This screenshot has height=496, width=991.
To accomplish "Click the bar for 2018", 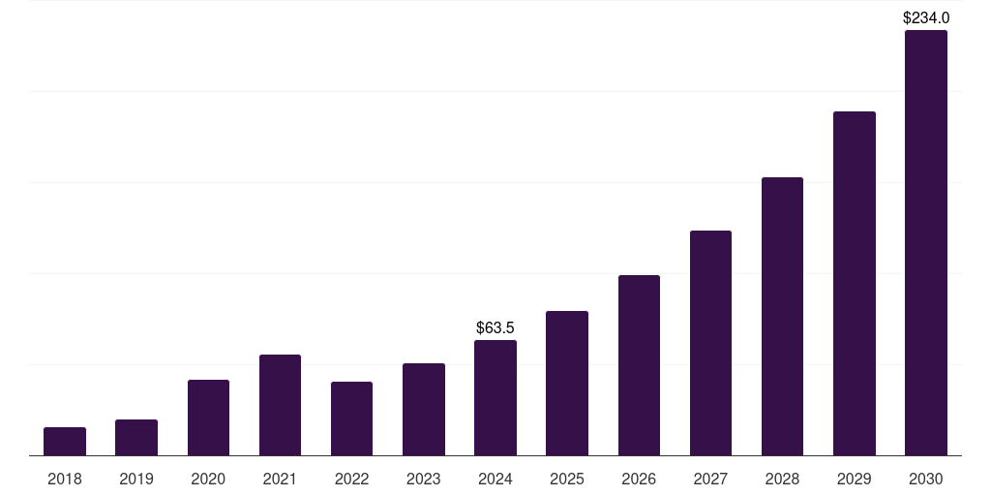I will [65, 442].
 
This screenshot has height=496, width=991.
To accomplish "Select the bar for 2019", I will [136, 438].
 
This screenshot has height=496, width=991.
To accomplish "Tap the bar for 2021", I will [280, 405].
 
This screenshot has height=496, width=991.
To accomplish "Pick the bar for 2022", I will [351, 418].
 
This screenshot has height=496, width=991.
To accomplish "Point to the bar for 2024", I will [495, 398].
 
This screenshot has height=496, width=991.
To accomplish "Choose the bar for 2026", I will [639, 365].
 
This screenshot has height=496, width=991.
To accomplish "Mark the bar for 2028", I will [782, 317].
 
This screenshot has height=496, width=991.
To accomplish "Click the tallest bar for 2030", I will [926, 243].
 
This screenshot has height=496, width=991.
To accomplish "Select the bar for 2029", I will [855, 284].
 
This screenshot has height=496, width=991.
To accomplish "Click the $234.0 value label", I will [926, 17].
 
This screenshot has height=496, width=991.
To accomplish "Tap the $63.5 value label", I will [495, 328].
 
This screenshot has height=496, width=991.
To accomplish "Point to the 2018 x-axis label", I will [65, 479].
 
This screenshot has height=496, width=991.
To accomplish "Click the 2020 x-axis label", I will [208, 479].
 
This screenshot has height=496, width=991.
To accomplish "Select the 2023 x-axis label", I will [424, 479].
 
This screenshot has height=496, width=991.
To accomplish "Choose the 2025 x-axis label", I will [567, 479].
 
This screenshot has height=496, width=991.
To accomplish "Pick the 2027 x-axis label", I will [710, 479].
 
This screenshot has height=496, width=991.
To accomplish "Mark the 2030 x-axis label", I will [926, 479].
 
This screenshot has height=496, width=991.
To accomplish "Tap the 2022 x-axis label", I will [351, 479].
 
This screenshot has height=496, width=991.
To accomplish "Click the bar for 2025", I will [567, 384].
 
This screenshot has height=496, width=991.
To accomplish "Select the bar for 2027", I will [710, 343].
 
